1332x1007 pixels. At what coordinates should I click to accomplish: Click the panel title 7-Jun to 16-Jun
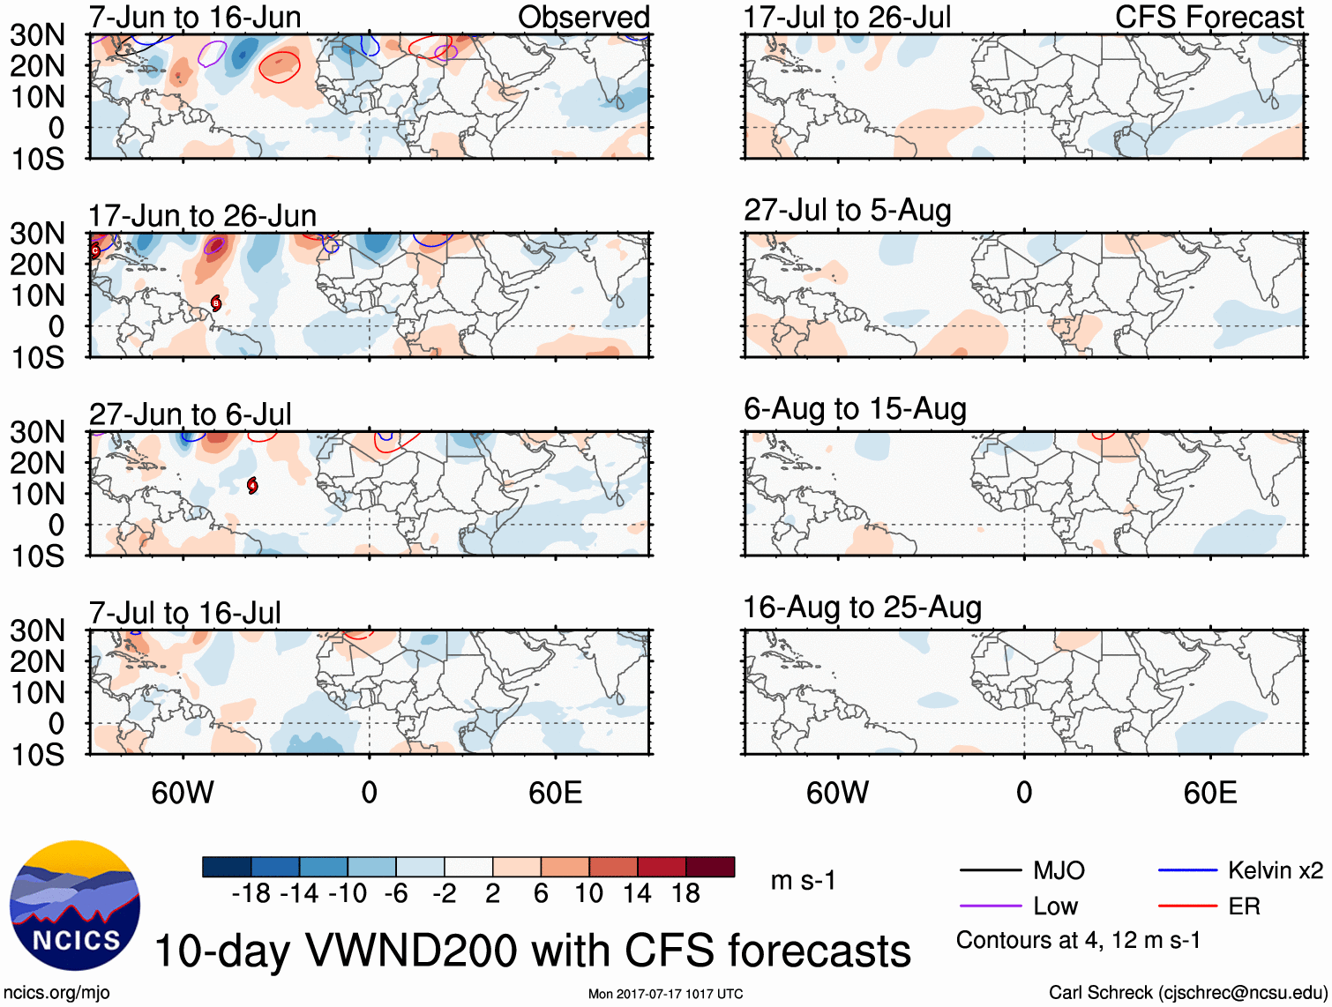tap(195, 17)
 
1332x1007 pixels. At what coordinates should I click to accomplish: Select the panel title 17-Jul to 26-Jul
tap(847, 17)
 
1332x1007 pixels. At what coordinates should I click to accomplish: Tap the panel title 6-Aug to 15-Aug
tap(855, 408)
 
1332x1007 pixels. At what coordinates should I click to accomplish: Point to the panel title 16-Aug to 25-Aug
tap(862, 608)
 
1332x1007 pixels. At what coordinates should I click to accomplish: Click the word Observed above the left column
tap(583, 17)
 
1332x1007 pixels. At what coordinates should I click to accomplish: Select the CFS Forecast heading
tap(1209, 17)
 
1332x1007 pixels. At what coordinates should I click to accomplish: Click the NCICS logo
tap(75, 906)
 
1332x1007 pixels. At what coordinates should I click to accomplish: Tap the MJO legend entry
tap(1059, 870)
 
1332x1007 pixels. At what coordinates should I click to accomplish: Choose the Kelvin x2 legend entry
tap(1275, 870)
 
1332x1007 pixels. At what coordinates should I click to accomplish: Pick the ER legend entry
tap(1244, 906)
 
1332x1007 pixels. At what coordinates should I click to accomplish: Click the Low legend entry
tap(1055, 906)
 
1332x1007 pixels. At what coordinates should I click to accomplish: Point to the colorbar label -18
tap(251, 893)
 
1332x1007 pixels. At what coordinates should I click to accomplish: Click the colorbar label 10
tap(588, 893)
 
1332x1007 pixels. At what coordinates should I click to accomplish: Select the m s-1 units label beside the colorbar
tap(803, 880)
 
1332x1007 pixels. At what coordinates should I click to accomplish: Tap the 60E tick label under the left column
tap(555, 793)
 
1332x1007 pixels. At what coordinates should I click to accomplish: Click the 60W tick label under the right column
tap(837, 793)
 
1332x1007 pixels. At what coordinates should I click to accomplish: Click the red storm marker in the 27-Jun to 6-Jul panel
tap(252, 485)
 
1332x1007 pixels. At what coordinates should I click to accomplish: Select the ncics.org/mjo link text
tap(57, 992)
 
